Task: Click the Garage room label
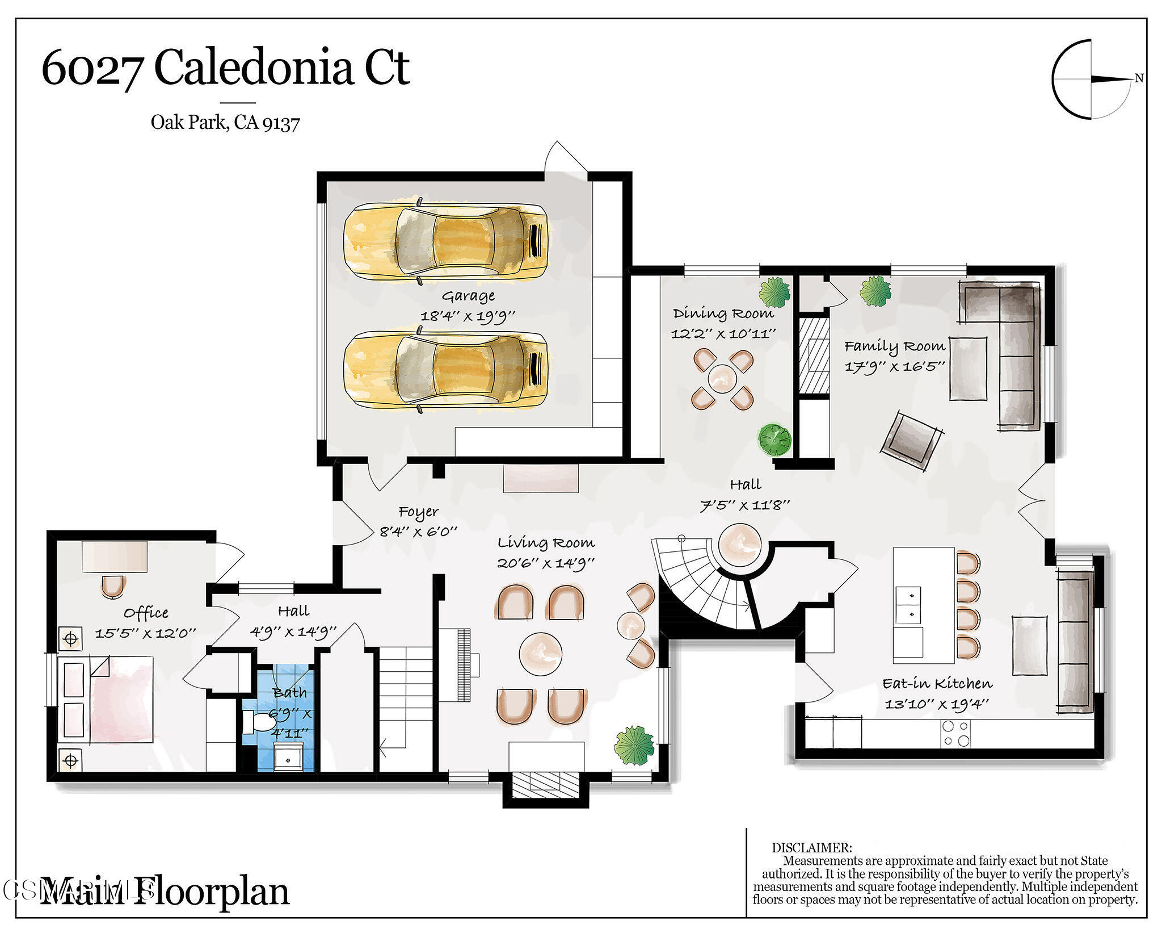[x=468, y=296]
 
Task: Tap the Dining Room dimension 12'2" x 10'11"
[x=723, y=334]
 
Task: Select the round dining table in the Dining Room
[x=722, y=378]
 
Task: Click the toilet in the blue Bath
[x=261, y=722]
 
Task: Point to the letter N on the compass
[x=1138, y=79]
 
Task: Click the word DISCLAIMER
[x=811, y=848]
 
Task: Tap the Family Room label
[x=895, y=346]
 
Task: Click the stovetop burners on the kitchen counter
[x=956, y=733]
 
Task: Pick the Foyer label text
[x=419, y=512]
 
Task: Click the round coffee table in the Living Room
[x=540, y=654]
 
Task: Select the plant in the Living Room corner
[x=634, y=744]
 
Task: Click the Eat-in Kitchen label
[x=937, y=684]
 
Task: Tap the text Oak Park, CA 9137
[x=225, y=123]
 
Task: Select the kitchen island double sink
[x=908, y=605]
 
